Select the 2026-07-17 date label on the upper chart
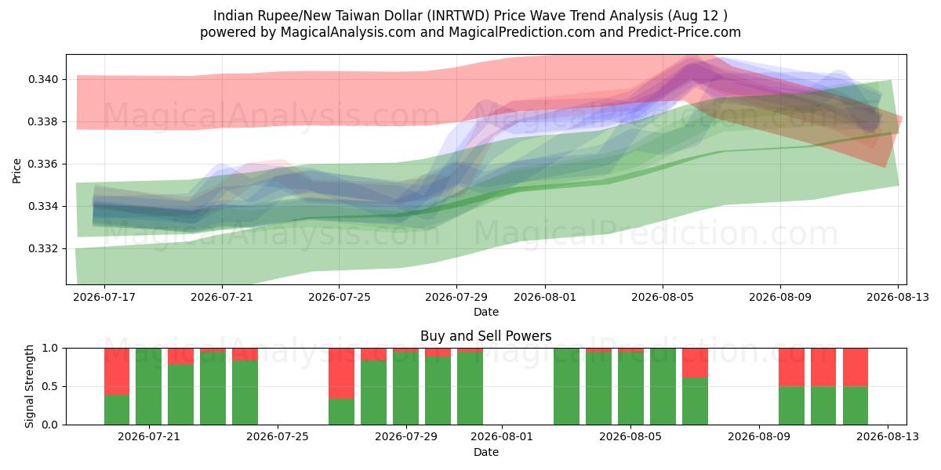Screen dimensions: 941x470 [x=104, y=297]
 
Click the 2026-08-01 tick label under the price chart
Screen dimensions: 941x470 [x=545, y=297]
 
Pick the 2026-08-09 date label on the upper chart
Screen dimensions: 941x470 [x=780, y=297]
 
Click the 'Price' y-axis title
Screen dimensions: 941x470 [x=16, y=171]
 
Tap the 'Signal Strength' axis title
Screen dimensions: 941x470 [x=29, y=386]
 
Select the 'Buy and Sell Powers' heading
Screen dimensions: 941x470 [x=485, y=336]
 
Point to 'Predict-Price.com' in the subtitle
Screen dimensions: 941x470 [x=685, y=32]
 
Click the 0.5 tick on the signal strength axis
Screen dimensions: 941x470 [x=50, y=386]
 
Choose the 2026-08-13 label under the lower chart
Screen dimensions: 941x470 [x=888, y=437]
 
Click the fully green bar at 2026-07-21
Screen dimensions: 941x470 [x=148, y=386]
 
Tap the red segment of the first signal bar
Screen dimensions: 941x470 [x=117, y=371]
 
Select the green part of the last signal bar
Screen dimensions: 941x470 [x=856, y=406]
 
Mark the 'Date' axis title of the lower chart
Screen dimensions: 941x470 [x=486, y=453]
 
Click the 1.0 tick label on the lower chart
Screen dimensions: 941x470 [x=50, y=349]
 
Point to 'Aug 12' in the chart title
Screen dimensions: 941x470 [x=695, y=16]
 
